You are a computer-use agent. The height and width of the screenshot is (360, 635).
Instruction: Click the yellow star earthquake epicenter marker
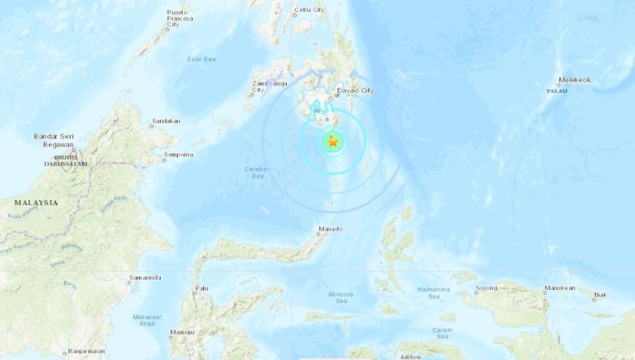[332, 142]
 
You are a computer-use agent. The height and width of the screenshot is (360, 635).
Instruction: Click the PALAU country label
[557, 91]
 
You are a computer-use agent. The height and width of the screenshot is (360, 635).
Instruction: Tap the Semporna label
[178, 154]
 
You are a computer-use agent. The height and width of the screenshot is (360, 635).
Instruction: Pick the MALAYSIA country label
[35, 202]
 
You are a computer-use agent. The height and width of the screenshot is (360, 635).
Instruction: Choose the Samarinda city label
[145, 278]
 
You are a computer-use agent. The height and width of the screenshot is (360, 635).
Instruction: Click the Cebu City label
[307, 10]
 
